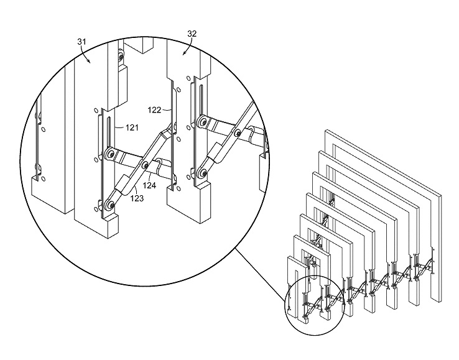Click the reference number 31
pyautogui.click(x=82, y=42)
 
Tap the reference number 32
pyautogui.click(x=192, y=34)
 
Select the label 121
pyautogui.click(x=132, y=127)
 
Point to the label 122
pyautogui.click(x=154, y=110)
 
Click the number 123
pyautogui.click(x=137, y=198)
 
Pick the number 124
pyautogui.click(x=149, y=185)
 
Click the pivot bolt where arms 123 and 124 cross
pyautogui.click(x=145, y=165)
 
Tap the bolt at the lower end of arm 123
pyautogui.click(x=110, y=205)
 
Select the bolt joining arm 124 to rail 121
pyautogui.click(x=110, y=154)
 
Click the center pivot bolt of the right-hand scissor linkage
pyautogui.click(x=238, y=134)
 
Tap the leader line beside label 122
pyautogui.click(x=166, y=110)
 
